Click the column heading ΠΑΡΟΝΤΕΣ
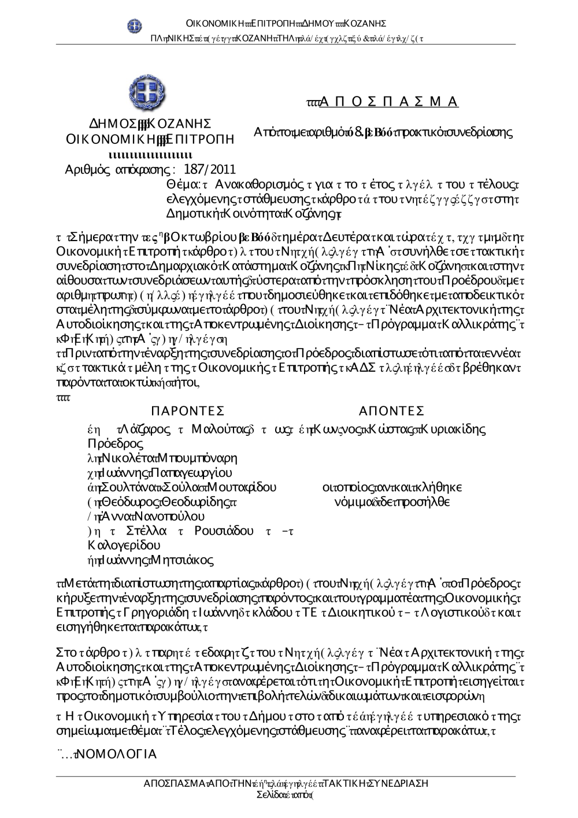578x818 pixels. pyautogui.click(x=187, y=411)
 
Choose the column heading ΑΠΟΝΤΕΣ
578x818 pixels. pyautogui.click(x=391, y=411)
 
